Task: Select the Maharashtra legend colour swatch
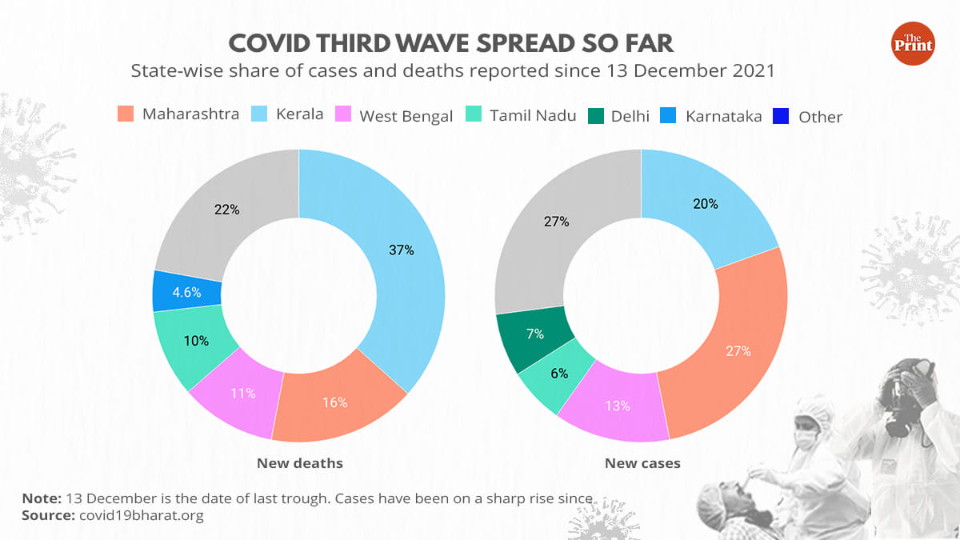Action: point(126,114)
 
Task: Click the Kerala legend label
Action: point(299,114)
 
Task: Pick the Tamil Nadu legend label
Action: point(533,116)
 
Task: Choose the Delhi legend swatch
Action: point(596,116)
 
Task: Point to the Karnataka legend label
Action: point(723,116)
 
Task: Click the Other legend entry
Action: point(820,117)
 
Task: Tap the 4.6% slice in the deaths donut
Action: point(186,291)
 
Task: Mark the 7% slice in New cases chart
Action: point(534,334)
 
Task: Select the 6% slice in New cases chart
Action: point(558,374)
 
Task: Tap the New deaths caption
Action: point(299,463)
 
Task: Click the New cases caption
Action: point(642,463)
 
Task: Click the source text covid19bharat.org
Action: point(142,516)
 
